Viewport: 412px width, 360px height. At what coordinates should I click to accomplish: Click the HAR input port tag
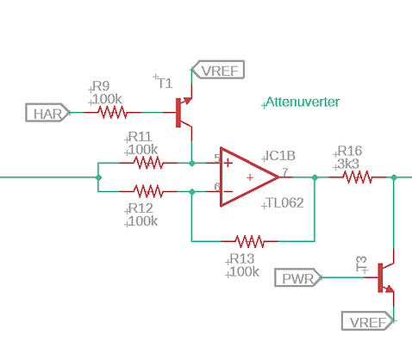pos(44,113)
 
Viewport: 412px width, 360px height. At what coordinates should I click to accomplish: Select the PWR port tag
pos(299,277)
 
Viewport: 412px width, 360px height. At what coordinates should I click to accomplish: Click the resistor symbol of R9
pos(112,113)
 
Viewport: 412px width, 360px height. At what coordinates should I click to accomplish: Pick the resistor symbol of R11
pos(147,162)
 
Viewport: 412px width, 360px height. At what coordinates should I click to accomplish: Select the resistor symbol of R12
pos(147,191)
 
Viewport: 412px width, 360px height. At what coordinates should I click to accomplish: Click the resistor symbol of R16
pos(356,177)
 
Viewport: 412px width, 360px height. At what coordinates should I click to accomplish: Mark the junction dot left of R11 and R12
pos(99,177)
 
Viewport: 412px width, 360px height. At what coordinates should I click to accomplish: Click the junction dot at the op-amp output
pos(315,177)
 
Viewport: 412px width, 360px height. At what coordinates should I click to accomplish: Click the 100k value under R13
pos(244,271)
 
